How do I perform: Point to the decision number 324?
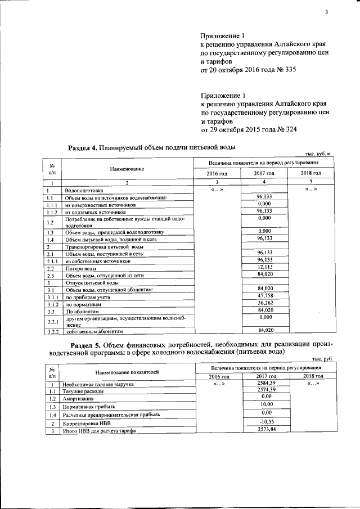point(289,129)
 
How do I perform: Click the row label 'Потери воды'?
point(77,268)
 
